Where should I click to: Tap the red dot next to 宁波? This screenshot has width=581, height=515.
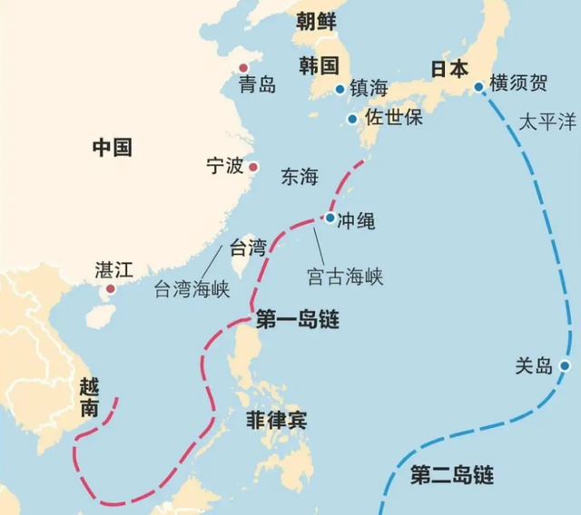click(x=254, y=166)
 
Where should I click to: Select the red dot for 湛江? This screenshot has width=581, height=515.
click(x=111, y=291)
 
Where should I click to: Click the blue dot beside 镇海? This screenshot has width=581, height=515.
click(x=340, y=89)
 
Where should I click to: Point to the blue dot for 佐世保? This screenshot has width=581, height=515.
click(x=352, y=119)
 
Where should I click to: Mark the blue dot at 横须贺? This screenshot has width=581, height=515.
click(x=478, y=87)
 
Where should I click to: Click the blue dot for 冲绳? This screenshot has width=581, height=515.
click(x=330, y=218)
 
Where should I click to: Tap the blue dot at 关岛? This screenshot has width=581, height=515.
click(x=565, y=365)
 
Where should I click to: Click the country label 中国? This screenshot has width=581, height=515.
click(x=113, y=147)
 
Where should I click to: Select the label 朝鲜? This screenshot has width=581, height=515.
click(x=316, y=22)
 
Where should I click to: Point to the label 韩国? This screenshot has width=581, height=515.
click(x=318, y=65)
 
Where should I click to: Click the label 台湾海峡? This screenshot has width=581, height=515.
click(x=192, y=289)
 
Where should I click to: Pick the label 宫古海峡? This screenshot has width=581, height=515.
click(x=343, y=276)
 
